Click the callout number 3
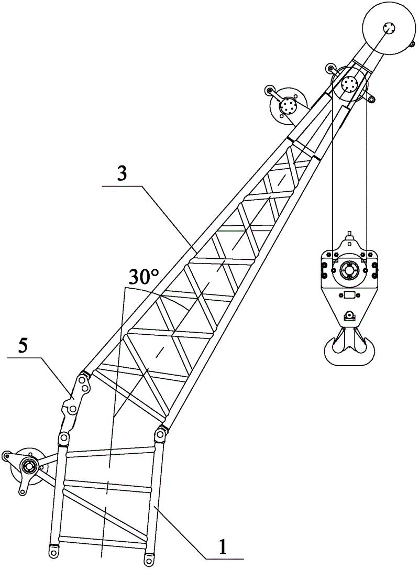pos(123,174)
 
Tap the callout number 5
pos(22,347)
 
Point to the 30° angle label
pos(144,278)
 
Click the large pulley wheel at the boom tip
pos(389,28)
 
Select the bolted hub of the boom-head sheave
pos(350,85)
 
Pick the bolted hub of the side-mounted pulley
pos(288,106)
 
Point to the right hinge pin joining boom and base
pos(160,434)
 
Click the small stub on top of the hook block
pos(349,233)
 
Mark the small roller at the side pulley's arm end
pos(269,90)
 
